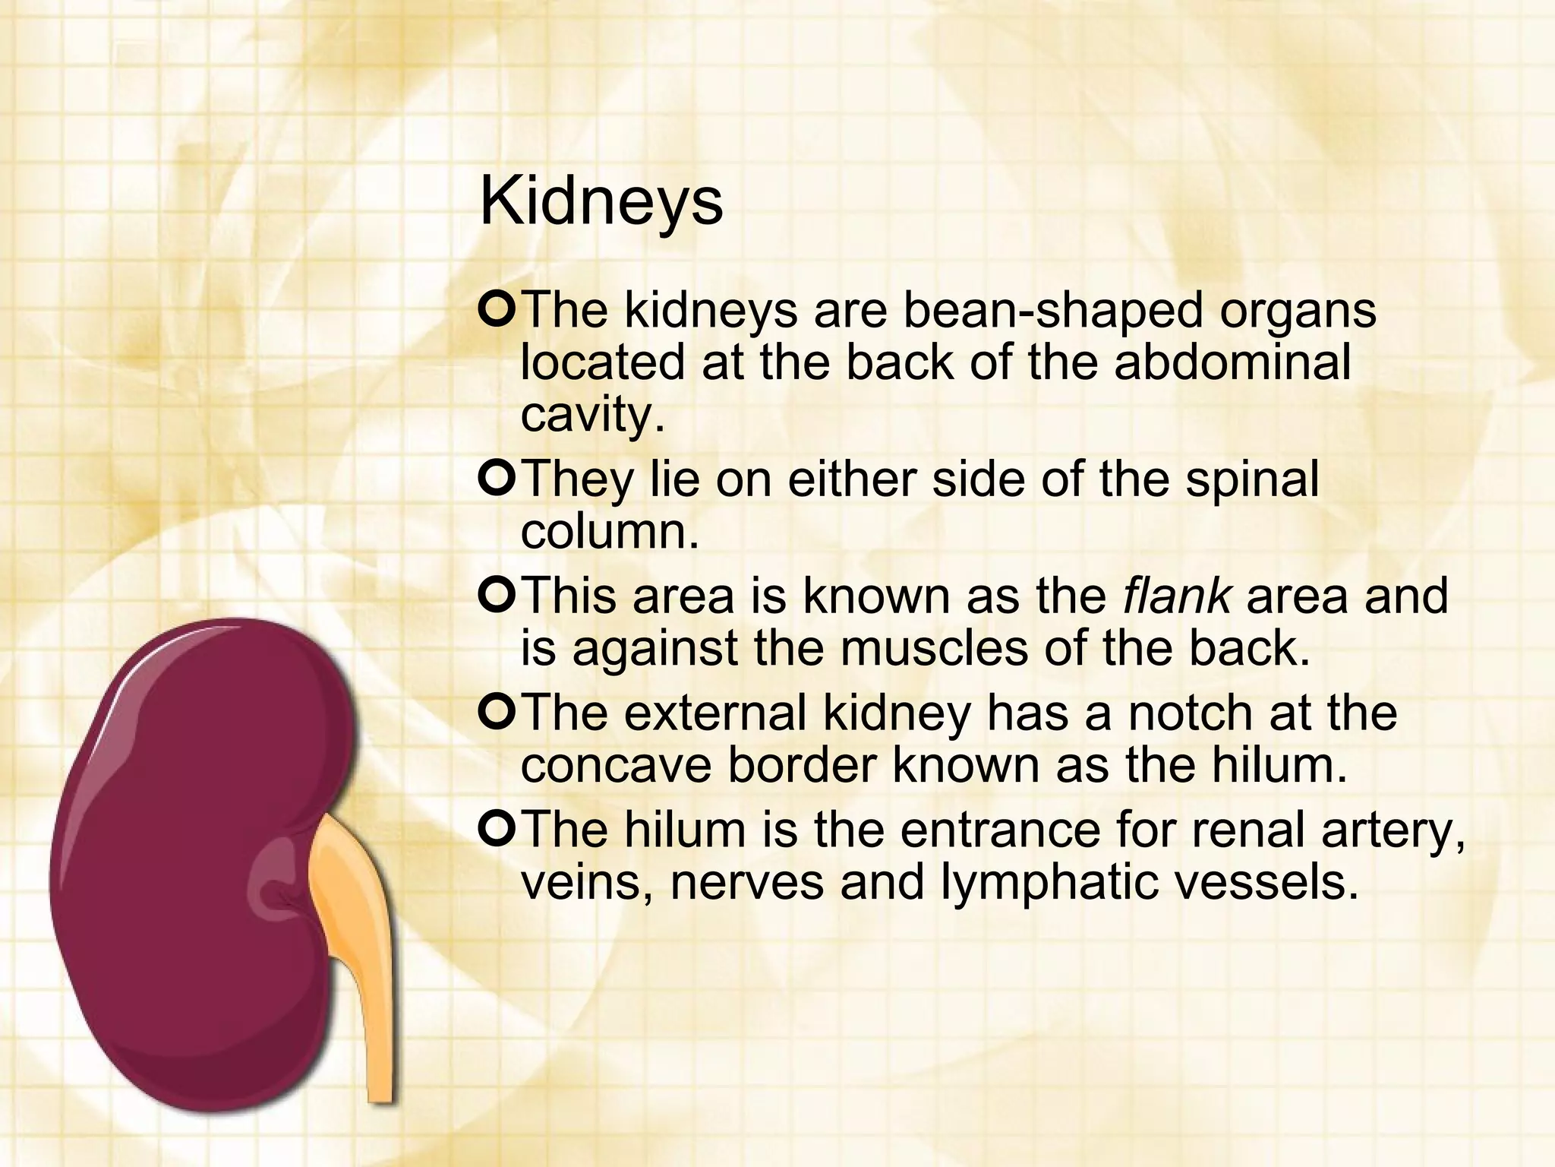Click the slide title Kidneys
[601, 202]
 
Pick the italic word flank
[1176, 596]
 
